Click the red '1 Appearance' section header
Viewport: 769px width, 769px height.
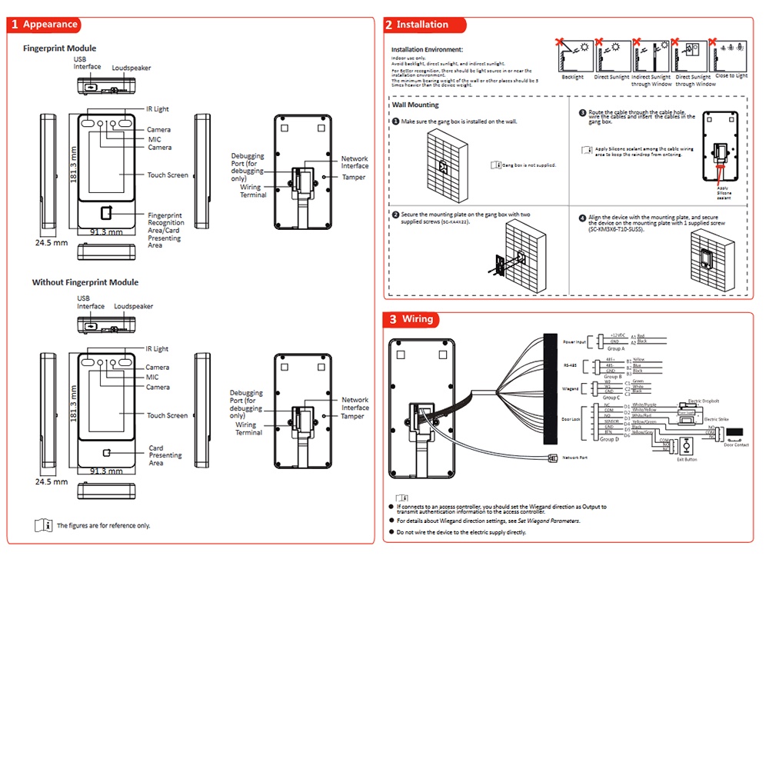pyautogui.click(x=45, y=25)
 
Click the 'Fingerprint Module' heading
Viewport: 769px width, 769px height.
pyautogui.click(x=59, y=48)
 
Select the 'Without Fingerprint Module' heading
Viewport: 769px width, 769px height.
pyautogui.click(x=85, y=282)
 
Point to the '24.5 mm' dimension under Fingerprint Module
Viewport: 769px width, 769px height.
pyautogui.click(x=52, y=242)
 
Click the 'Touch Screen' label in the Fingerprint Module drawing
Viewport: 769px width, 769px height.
pyautogui.click(x=168, y=175)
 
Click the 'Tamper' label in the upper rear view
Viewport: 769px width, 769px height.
pyautogui.click(x=354, y=178)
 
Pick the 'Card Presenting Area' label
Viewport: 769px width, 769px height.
pyautogui.click(x=165, y=455)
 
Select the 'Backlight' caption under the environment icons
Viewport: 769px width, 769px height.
pyautogui.click(x=572, y=77)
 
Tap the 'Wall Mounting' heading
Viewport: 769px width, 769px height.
pyautogui.click(x=415, y=105)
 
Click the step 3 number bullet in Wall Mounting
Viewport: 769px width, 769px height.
pyautogui.click(x=583, y=112)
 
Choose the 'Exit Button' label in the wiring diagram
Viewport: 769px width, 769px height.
pyautogui.click(x=687, y=459)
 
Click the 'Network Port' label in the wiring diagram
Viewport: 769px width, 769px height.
pyautogui.click(x=574, y=458)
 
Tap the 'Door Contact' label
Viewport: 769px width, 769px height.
pyautogui.click(x=736, y=444)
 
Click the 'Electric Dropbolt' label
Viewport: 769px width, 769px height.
pyautogui.click(x=703, y=401)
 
